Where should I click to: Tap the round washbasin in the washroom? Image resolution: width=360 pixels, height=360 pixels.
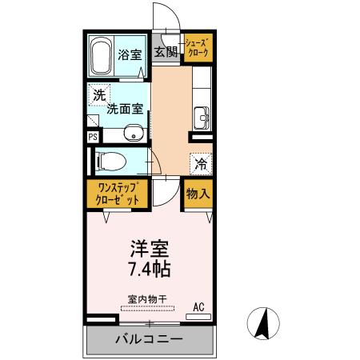[134, 133]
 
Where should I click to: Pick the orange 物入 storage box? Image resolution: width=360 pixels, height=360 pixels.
[198, 194]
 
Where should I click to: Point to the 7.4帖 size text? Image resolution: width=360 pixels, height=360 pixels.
[148, 268]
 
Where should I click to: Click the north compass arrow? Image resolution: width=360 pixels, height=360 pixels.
[264, 324]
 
